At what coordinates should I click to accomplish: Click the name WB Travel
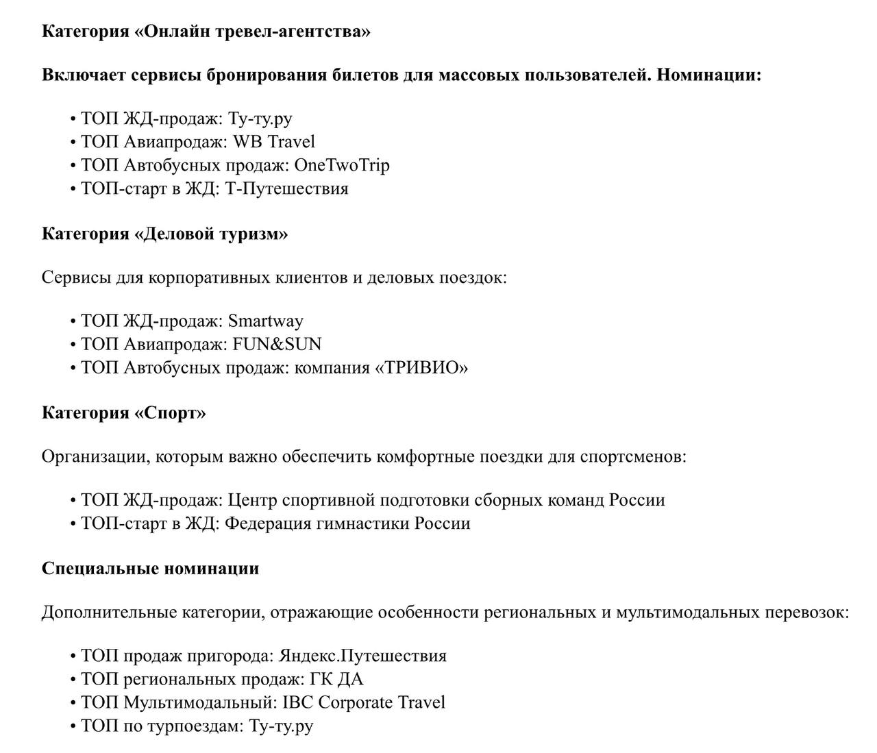coord(274,142)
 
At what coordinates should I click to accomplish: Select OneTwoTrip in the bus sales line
coord(342,165)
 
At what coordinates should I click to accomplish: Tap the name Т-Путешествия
coord(286,188)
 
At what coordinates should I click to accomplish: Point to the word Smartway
coord(265,321)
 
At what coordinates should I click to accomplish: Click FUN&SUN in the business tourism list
coord(277,344)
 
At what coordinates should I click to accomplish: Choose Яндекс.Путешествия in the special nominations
coord(362,656)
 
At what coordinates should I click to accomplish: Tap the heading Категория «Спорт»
coord(123,412)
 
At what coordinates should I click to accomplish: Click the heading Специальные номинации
coord(150,568)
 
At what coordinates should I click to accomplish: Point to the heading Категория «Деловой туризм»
coord(164,234)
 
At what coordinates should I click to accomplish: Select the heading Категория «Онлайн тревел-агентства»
coord(206,32)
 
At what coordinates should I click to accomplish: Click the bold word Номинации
coord(708,75)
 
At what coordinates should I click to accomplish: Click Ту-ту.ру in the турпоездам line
coord(281,726)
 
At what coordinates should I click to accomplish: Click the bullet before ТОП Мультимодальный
coord(73,702)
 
